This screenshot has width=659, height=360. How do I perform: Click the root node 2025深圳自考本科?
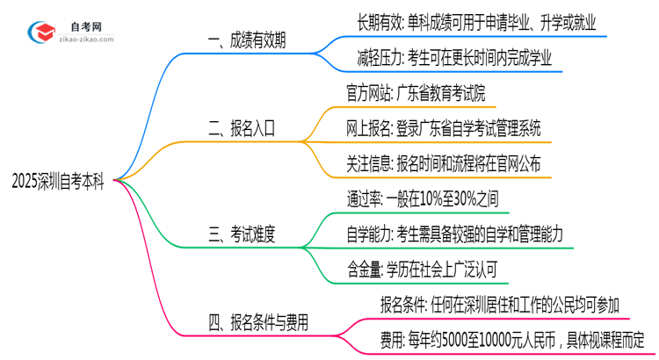[59, 181]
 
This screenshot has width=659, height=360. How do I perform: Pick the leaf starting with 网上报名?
[444, 128]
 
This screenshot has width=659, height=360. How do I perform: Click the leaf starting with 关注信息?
[444, 163]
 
